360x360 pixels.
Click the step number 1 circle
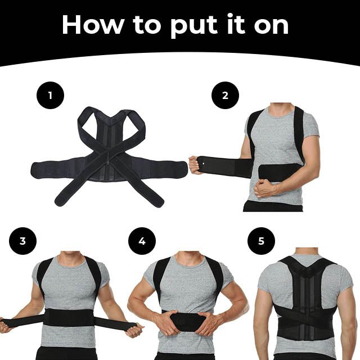click(51, 95)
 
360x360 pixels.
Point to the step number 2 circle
click(225, 95)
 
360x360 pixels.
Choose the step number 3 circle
click(22, 241)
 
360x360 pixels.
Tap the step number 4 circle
click(142, 241)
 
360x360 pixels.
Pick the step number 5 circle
click(261, 241)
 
